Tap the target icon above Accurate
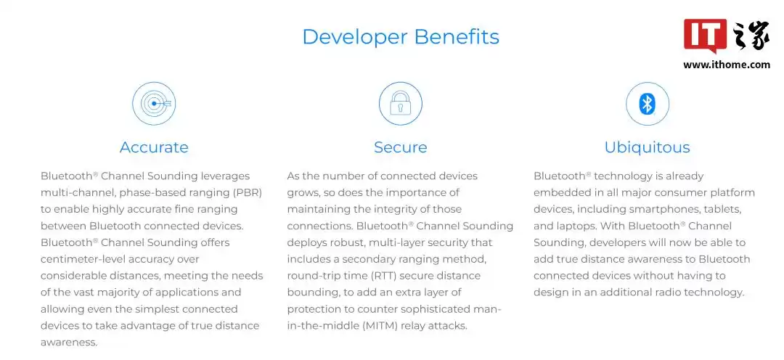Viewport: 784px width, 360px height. click(x=154, y=104)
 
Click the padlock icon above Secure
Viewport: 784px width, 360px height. click(x=401, y=104)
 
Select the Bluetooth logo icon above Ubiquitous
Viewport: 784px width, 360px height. click(x=648, y=104)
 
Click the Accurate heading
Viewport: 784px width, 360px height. click(x=154, y=147)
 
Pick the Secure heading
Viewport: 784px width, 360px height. click(x=401, y=147)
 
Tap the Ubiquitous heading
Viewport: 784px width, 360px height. click(x=647, y=147)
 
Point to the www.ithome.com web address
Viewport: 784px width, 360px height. click(x=727, y=65)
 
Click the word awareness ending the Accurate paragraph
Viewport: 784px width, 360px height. click(x=68, y=342)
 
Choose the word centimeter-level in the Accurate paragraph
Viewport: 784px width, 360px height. click(x=80, y=259)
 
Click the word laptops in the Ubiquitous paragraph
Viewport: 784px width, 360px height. click(x=578, y=226)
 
